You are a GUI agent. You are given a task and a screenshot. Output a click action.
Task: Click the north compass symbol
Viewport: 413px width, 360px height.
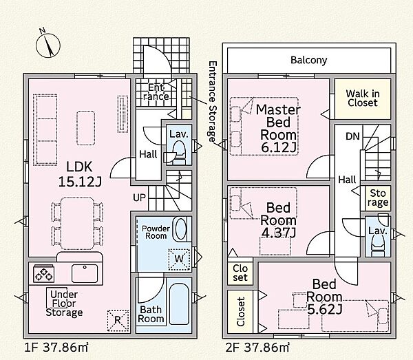point(48,45)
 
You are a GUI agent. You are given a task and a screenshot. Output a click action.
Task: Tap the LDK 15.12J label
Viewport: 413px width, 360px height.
point(79,174)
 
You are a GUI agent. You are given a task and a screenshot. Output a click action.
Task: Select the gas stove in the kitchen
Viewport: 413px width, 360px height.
point(44,274)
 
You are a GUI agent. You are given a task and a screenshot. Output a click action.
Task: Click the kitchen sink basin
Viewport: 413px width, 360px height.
point(85,274)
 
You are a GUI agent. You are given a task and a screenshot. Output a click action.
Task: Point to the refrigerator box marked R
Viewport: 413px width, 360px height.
point(118,321)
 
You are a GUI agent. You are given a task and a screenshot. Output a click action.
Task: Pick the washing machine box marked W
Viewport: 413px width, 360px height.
point(180,260)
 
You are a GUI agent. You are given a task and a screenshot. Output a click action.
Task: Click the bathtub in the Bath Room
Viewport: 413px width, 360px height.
point(179,304)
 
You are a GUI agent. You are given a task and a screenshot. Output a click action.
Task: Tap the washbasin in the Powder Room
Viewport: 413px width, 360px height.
point(181,229)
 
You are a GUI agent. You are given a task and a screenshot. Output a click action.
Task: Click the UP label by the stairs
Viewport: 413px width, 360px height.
point(139,198)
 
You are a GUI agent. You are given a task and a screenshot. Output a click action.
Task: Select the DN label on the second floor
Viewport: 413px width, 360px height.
point(352,136)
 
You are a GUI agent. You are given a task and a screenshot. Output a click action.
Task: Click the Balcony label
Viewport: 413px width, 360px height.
point(308,60)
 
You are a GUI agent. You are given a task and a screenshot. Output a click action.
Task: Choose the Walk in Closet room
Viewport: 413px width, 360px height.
point(363,98)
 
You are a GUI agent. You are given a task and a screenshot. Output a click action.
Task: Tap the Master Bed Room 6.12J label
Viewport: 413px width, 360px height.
point(278,128)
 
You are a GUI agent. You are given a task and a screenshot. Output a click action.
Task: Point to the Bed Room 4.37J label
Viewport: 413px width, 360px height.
point(278,220)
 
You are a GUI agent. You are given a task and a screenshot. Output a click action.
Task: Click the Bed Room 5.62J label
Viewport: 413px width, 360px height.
point(324,297)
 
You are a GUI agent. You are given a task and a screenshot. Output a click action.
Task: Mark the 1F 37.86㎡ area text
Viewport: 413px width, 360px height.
point(56,348)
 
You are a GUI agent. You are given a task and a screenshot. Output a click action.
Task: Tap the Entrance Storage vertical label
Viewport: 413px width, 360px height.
point(212,102)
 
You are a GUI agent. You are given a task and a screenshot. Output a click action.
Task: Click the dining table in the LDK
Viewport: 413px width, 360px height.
point(77,223)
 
